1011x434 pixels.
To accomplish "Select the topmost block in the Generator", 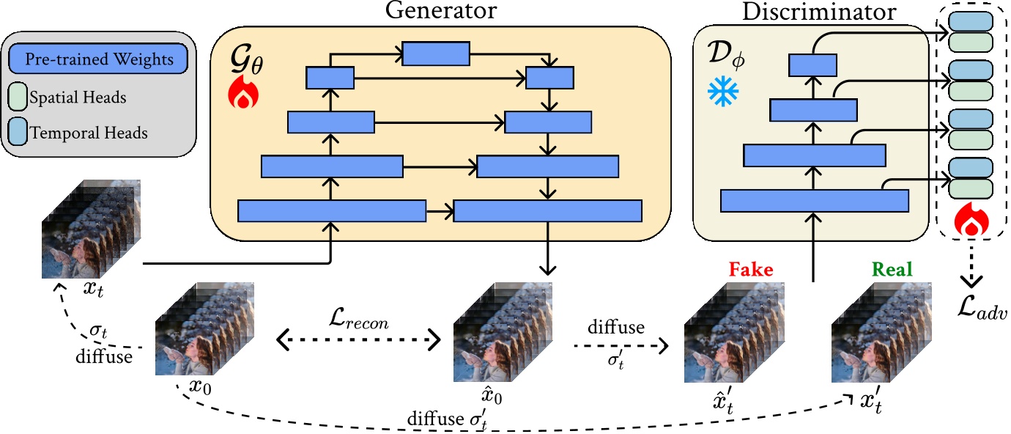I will pos(436,53).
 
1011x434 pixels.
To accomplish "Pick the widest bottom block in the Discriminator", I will pos(815,201).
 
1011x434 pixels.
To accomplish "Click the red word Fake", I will pos(751,270).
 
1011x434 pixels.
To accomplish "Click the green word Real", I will pos(892,270).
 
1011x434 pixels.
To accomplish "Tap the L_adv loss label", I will pos(983,311).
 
